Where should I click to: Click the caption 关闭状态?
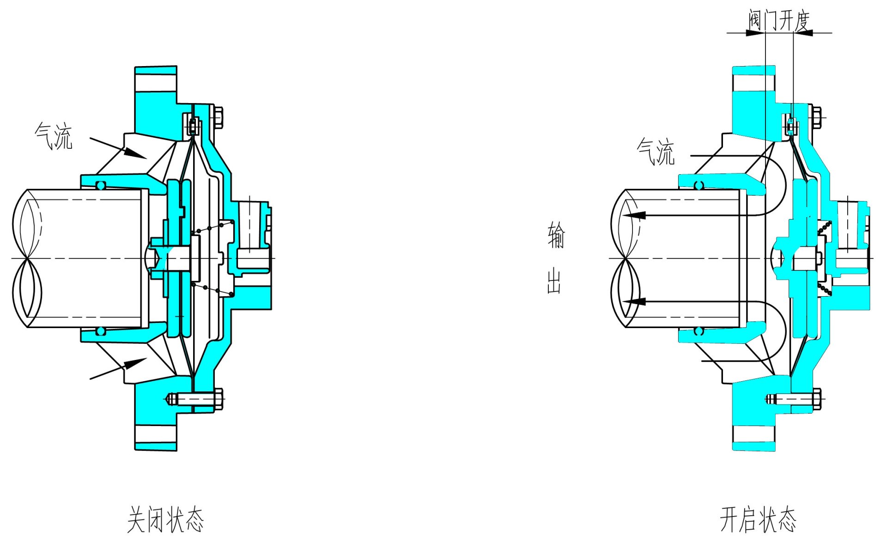pos(165,519)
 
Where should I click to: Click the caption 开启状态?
pos(758,519)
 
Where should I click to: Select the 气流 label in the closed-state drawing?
pos(54,136)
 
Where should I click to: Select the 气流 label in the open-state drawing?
pos(656,152)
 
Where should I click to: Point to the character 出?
pos(554,281)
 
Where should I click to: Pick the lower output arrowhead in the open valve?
pos(635,301)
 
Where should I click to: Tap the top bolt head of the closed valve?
pos(219,118)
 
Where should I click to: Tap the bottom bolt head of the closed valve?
pos(219,398)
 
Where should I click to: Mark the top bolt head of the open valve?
pos(817,118)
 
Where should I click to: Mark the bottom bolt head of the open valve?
pos(817,398)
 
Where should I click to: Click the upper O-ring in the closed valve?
pos(100,185)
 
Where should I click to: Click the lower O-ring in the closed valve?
pos(100,331)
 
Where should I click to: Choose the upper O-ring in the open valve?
pos(699,185)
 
